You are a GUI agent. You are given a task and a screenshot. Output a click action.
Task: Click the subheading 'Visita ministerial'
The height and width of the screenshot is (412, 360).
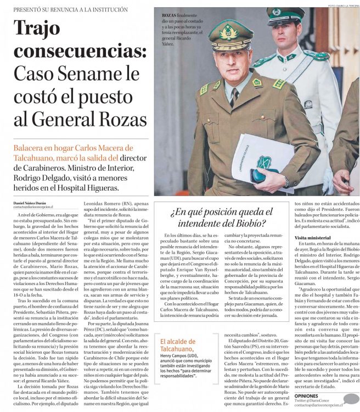(x=313, y=237)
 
